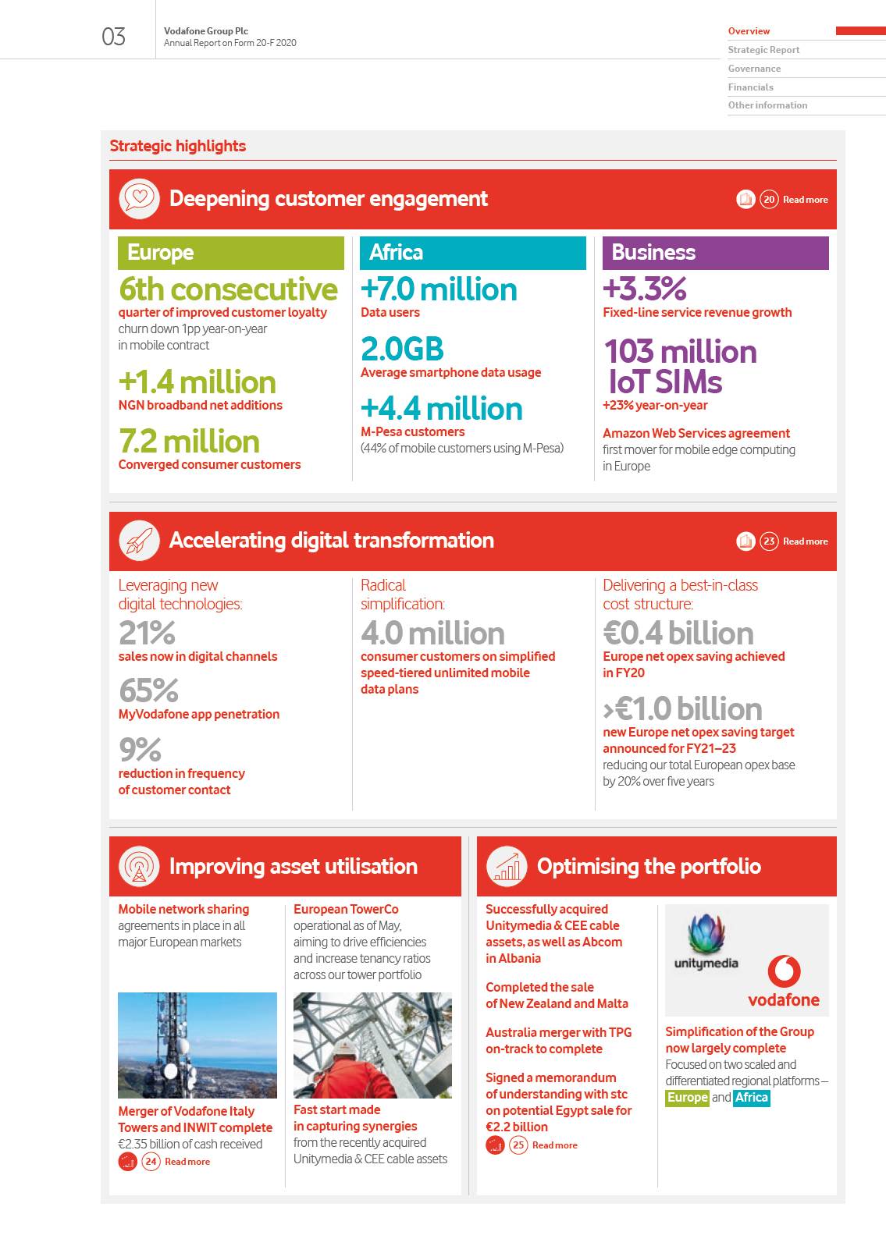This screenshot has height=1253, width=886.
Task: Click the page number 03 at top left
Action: (x=113, y=37)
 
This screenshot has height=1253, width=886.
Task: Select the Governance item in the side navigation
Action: (x=754, y=69)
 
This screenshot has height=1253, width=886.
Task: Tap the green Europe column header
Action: (x=230, y=253)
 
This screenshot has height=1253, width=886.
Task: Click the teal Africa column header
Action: (x=472, y=253)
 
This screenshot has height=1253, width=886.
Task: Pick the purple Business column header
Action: (x=715, y=253)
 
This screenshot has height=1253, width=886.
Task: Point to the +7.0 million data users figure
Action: (x=439, y=289)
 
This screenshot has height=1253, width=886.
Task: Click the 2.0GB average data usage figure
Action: (x=402, y=349)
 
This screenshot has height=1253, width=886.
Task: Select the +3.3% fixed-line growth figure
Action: (x=644, y=289)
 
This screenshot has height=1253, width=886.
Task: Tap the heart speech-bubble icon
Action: (x=139, y=198)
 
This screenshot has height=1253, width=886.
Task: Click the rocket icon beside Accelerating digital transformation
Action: (x=139, y=540)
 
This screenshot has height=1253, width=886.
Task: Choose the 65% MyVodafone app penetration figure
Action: (x=148, y=690)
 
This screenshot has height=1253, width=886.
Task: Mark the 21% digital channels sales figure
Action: (x=147, y=633)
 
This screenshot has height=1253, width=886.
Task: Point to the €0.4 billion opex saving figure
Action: (x=678, y=633)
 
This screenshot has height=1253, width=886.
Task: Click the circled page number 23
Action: (x=769, y=541)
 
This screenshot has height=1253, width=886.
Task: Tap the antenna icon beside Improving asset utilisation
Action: (x=139, y=866)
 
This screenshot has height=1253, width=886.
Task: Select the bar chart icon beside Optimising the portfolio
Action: (x=507, y=866)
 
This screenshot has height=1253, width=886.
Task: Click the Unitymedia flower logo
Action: (x=706, y=935)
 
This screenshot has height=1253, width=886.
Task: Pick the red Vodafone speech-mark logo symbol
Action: (x=784, y=971)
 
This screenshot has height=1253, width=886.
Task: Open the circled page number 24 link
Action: (x=151, y=1162)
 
